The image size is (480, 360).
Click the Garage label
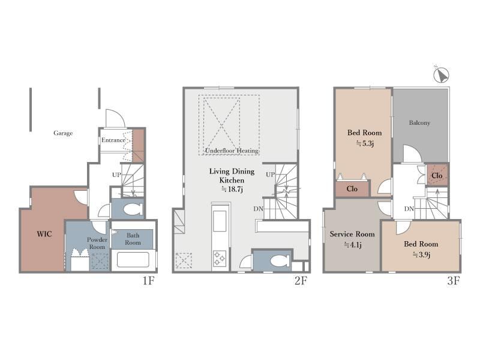pyautogui.click(x=63, y=133)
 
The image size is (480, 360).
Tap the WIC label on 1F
pyautogui.click(x=44, y=234)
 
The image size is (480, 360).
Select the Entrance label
pyautogui.click(x=113, y=140)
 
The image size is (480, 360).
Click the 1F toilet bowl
pyautogui.click(x=133, y=209)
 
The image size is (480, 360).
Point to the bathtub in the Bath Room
pyautogui.click(x=133, y=260)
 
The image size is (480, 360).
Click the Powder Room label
pyautogui.click(x=97, y=243)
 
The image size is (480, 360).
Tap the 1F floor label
pyautogui.click(x=148, y=280)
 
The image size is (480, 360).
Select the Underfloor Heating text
pyautogui.click(x=232, y=151)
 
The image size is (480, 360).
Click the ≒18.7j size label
pyautogui.click(x=232, y=189)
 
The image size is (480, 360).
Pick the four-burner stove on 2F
pyautogui.click(x=220, y=258)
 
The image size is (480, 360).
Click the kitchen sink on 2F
pyautogui.click(x=220, y=221)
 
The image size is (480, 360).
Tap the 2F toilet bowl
pyautogui.click(x=280, y=261)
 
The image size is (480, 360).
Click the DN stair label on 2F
pyautogui.click(x=259, y=209)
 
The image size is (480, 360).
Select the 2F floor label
pyautogui.click(x=301, y=280)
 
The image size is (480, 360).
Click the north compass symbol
pyautogui.click(x=442, y=74)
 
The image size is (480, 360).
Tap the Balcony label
pyautogui.click(x=419, y=123)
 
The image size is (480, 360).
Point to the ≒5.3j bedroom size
pyautogui.click(x=365, y=143)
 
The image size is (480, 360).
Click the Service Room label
pyautogui.click(x=352, y=234)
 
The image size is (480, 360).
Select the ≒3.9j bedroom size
pyautogui.click(x=421, y=254)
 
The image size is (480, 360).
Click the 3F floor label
pyautogui.click(x=453, y=280)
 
